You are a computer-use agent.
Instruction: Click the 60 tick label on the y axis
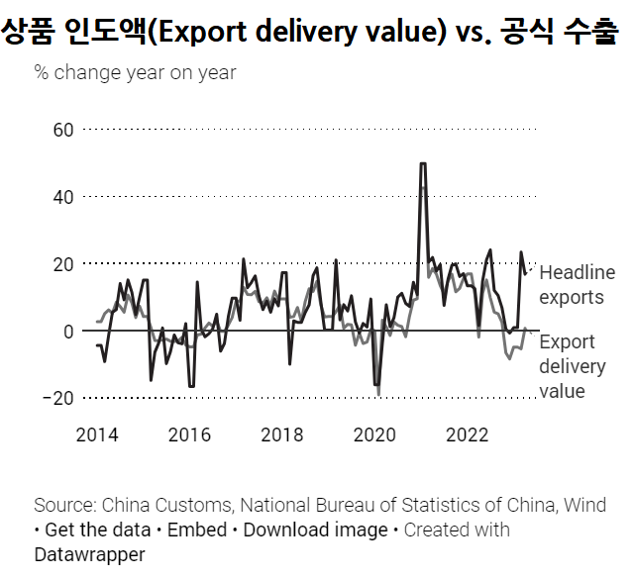pos(62,130)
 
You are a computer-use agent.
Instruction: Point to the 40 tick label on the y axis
pos(62,197)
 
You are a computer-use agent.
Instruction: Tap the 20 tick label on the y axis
pos(62,264)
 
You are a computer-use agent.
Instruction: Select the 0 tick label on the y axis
pos(68,332)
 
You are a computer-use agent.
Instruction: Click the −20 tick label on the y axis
pos(56,398)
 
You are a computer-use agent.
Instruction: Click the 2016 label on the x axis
pos(189,434)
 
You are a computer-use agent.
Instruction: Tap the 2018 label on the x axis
pos(282,434)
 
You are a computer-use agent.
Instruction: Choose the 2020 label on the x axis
pos(374,434)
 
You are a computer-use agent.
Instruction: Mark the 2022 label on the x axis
pos(467,434)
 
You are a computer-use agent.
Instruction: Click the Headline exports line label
pos(577,285)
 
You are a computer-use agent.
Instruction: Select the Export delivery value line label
pos(572,366)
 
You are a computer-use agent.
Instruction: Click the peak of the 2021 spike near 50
pos(423,164)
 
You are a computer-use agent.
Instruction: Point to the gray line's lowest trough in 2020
pos(378,394)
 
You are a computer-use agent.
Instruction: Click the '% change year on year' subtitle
pos(135,72)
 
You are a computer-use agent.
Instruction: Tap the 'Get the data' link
pos(97,530)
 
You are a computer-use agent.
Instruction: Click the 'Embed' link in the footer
pos(196,530)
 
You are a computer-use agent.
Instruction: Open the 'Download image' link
pos(315,530)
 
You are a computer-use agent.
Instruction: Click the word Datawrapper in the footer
pos(89,554)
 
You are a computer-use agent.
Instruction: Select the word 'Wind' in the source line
pos(584,505)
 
